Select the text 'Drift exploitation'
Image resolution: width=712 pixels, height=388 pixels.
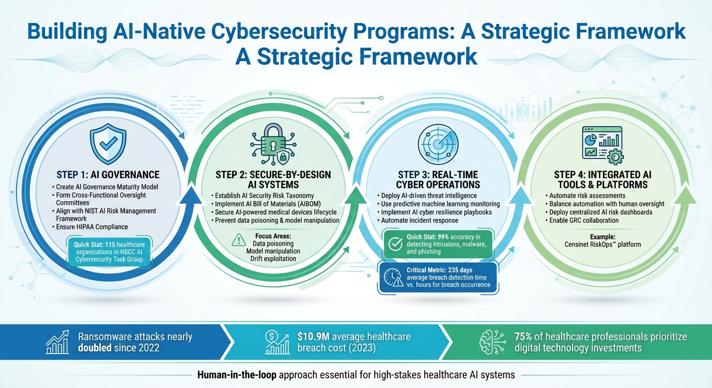[273, 259]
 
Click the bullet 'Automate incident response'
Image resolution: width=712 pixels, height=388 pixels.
[420, 220]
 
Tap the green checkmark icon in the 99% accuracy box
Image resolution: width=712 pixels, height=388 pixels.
[394, 244]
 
